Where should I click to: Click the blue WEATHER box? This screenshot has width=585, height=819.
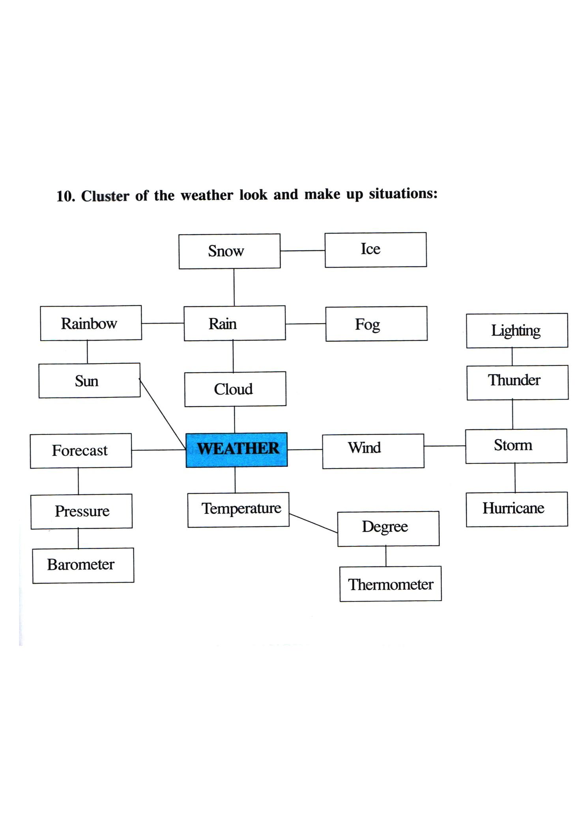(x=237, y=450)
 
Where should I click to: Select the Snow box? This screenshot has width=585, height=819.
(x=230, y=251)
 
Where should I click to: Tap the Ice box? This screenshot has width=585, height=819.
(x=376, y=250)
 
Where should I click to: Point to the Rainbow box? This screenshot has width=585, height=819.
(x=91, y=323)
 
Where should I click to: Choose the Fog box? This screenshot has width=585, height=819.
(x=376, y=324)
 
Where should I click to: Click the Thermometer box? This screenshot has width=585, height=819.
(x=391, y=584)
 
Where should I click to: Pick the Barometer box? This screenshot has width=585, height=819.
(x=83, y=565)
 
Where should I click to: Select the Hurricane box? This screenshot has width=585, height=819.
(x=517, y=509)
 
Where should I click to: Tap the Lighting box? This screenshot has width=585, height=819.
(x=517, y=331)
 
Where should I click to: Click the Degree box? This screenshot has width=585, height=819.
(x=388, y=529)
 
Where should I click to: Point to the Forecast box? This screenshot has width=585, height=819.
(x=81, y=451)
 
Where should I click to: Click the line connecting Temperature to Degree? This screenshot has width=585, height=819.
(x=313, y=523)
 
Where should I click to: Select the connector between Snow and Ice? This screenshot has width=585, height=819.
(x=303, y=251)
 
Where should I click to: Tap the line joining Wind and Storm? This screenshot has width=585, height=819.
(x=445, y=446)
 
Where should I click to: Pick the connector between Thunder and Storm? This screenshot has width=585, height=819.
(x=512, y=414)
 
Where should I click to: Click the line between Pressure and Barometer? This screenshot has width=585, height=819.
(x=78, y=538)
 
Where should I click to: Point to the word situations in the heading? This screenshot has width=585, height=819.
(x=403, y=194)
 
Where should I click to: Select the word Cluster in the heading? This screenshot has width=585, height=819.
(x=105, y=196)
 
